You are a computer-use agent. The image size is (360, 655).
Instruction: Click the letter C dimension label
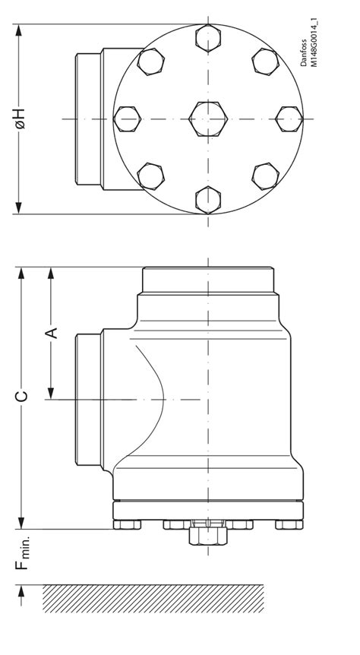(23, 396)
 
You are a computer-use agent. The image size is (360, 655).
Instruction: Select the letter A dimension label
(52, 333)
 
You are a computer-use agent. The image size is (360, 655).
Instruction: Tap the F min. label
(24, 553)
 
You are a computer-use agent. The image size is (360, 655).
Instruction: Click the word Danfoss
(305, 52)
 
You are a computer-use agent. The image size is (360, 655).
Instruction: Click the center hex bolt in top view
(208, 119)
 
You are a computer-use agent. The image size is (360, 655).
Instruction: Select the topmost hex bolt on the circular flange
(208, 37)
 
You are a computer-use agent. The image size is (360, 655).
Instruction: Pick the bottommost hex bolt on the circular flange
(208, 199)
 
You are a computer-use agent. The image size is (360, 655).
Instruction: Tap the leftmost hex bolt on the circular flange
(128, 119)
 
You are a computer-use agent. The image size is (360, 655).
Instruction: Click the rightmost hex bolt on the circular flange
(289, 119)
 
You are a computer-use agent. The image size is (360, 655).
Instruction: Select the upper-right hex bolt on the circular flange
(265, 62)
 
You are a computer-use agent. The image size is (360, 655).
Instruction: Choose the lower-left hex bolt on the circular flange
(151, 176)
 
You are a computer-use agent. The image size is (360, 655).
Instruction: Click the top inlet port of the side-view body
(207, 280)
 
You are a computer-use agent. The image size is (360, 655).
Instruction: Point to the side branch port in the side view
(90, 400)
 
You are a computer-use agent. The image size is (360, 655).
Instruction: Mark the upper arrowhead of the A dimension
(52, 274)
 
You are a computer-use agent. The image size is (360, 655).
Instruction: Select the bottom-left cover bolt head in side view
(127, 524)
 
